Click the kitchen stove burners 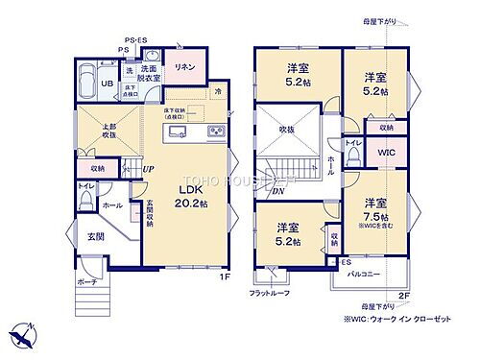pyautogui.click(x=215, y=132)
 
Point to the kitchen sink pyautogui.click(x=178, y=132)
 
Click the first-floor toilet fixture pyautogui.click(x=85, y=198)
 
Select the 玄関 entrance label pyautogui.click(x=84, y=236)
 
